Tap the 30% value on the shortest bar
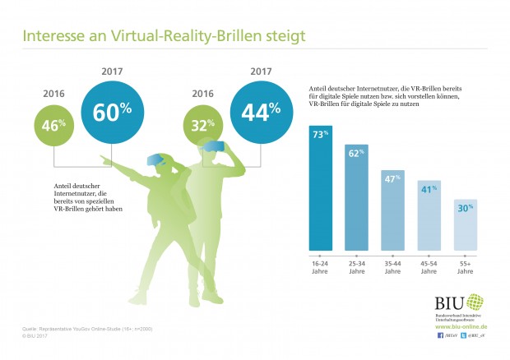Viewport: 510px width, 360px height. pos(463,208)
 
